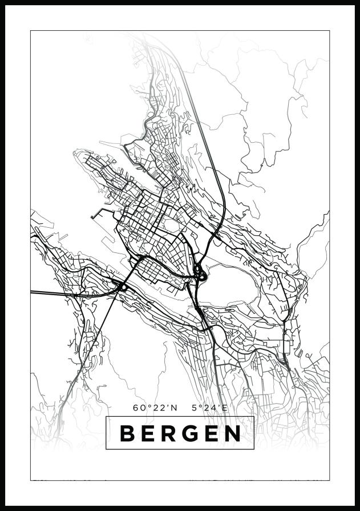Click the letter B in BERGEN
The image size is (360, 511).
click(x=127, y=433)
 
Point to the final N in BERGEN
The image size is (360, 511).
click(x=232, y=433)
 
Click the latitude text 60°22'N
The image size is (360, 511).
click(x=155, y=408)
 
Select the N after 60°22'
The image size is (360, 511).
click(x=174, y=408)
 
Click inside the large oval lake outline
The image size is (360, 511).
click(x=234, y=285)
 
